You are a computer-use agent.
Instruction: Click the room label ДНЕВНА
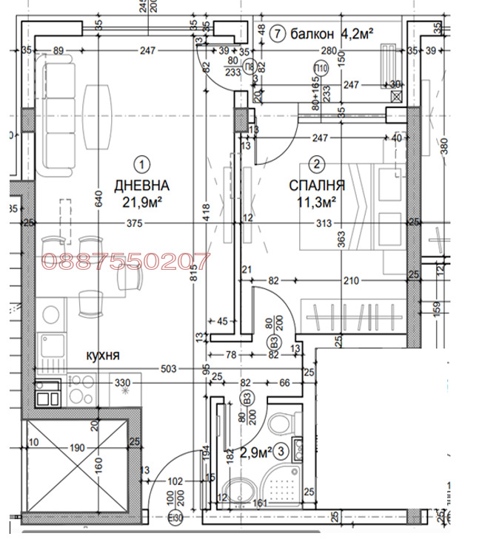(x=141, y=185)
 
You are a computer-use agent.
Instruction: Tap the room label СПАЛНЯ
(x=317, y=185)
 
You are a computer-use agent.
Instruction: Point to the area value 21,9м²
(x=142, y=201)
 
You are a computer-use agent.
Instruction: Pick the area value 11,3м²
(x=316, y=200)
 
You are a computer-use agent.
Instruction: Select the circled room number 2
(x=317, y=164)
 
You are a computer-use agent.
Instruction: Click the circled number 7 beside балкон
(x=278, y=33)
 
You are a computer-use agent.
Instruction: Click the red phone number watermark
(x=125, y=260)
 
